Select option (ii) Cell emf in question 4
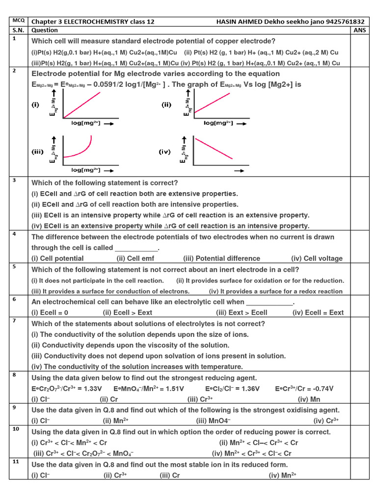[134, 258]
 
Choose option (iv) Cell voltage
[317, 258]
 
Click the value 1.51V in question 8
[174, 388]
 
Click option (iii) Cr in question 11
[170, 475]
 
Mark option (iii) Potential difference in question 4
[222, 258]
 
